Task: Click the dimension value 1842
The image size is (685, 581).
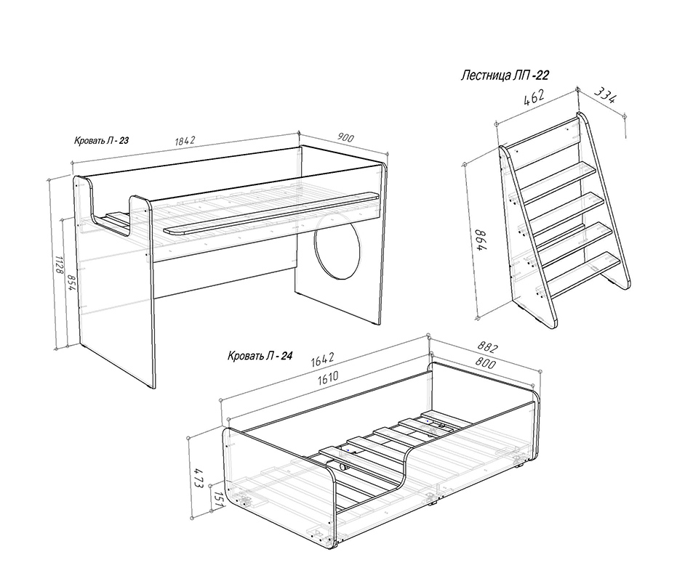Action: click(185, 141)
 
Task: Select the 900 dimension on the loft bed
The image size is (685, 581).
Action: click(345, 137)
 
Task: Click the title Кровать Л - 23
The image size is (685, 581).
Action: click(101, 141)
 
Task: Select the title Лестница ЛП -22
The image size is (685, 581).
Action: click(505, 76)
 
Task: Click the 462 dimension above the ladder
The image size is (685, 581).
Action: click(534, 98)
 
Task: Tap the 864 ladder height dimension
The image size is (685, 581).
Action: click(480, 240)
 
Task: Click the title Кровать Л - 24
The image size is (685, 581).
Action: click(260, 356)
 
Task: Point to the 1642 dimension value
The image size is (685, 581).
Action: click(322, 359)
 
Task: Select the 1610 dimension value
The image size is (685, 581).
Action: click(328, 378)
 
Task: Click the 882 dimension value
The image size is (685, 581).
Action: click(487, 347)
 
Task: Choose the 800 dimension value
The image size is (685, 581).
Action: click(485, 362)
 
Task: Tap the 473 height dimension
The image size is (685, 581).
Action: click(199, 478)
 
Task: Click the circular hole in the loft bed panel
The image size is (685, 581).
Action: click(339, 245)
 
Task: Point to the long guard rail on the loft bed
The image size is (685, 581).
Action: click(271, 214)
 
